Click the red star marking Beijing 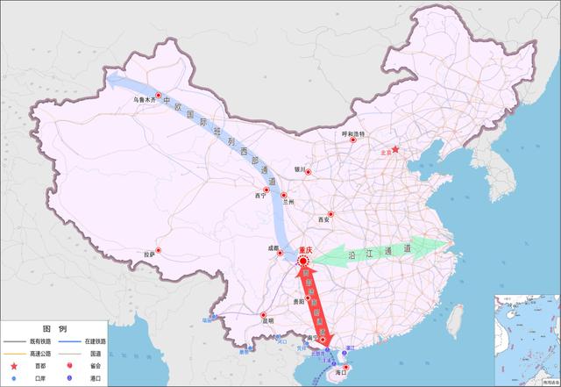click(x=394, y=149)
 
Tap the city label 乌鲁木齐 click(x=143, y=100)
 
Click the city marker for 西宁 click(x=265, y=190)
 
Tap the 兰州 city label click(x=299, y=201)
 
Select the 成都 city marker click(x=280, y=254)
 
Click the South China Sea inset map click(x=526, y=338)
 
